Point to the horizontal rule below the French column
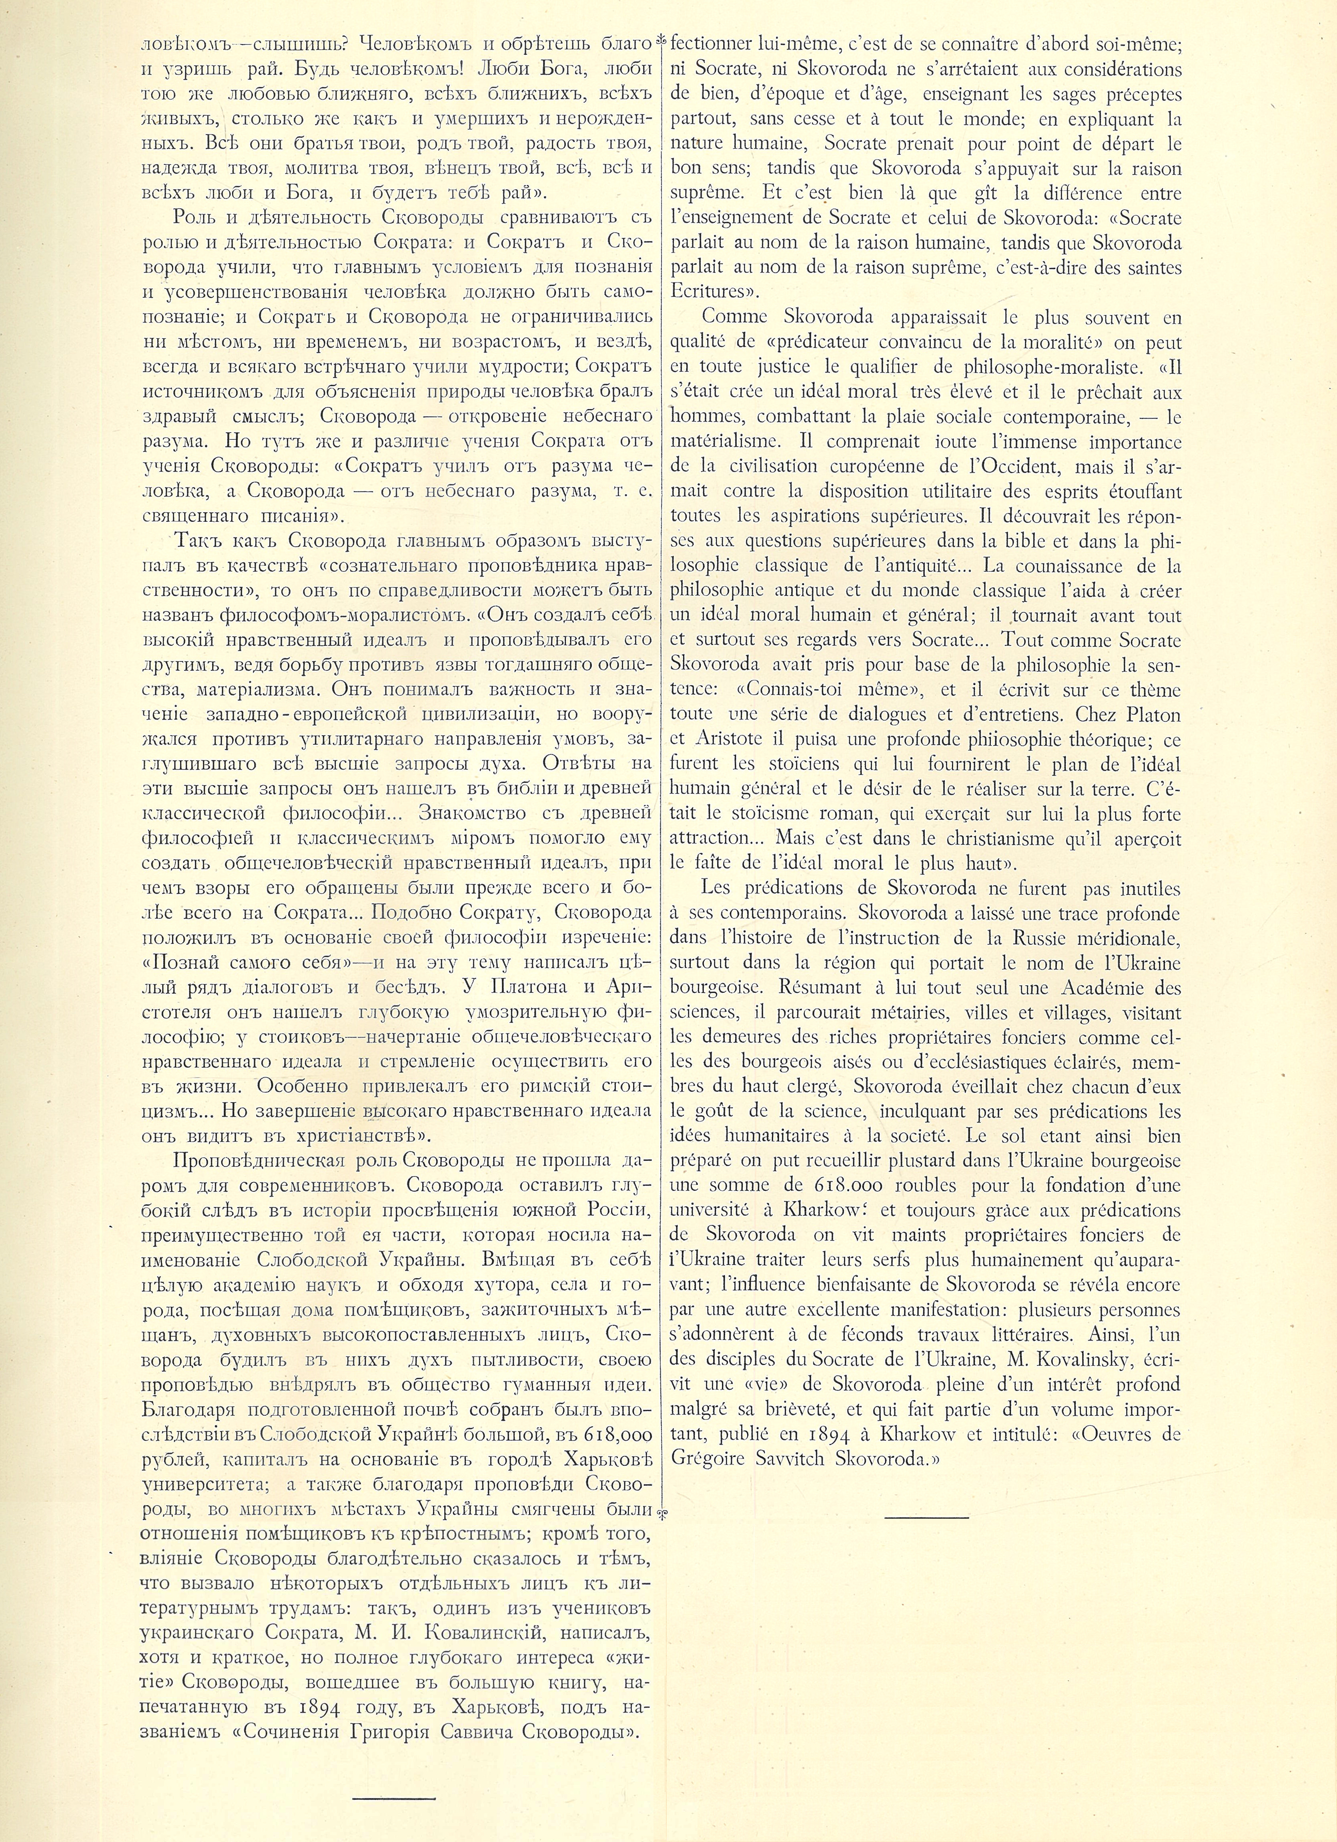pyautogui.click(x=927, y=1515)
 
